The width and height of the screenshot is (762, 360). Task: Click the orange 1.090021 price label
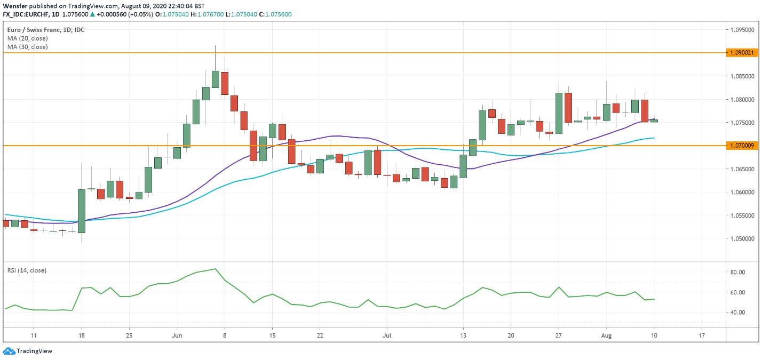point(742,53)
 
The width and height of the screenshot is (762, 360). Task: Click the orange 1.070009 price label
point(742,145)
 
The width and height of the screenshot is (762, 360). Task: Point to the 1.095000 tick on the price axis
point(743,30)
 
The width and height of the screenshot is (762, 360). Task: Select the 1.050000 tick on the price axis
point(743,238)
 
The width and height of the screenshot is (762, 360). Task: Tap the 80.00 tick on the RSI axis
point(738,272)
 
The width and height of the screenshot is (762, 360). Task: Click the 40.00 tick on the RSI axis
point(738,312)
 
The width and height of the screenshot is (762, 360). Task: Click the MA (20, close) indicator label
point(27,38)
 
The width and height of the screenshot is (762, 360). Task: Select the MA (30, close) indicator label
point(27,47)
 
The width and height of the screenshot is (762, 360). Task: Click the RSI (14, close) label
point(27,270)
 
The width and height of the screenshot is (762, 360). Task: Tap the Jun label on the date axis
point(178,336)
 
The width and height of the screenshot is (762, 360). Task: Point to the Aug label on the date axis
point(606,336)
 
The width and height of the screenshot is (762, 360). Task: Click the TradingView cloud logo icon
point(9,351)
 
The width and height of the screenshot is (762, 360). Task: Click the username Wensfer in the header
point(15,5)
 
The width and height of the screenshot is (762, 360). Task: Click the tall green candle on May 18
point(82,211)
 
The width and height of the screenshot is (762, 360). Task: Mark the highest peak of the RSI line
point(215,269)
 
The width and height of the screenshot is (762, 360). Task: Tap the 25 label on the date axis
point(129,336)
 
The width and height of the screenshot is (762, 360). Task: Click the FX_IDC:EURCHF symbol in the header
point(28,14)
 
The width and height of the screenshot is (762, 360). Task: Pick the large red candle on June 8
point(225,83)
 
